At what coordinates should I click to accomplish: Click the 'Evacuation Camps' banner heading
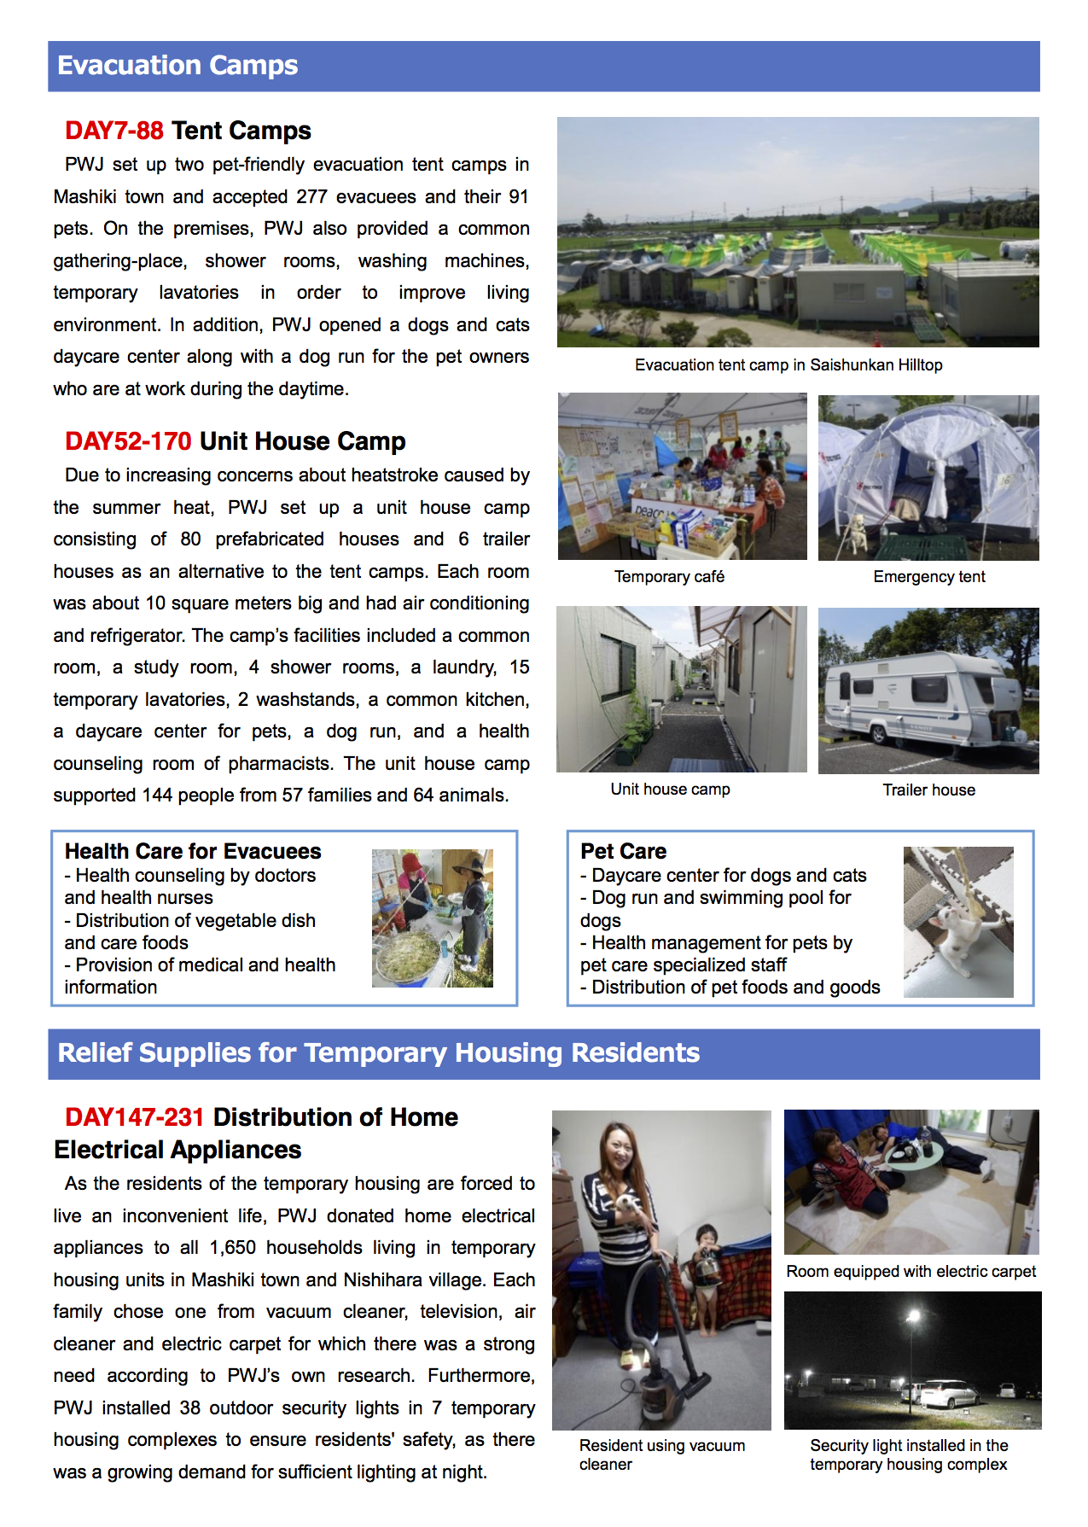click(x=177, y=66)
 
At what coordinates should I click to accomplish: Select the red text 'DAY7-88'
click(x=113, y=131)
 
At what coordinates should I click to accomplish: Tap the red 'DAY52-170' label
click(x=128, y=441)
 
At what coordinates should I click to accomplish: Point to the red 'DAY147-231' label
click(x=134, y=1117)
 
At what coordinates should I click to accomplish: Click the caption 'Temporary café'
click(x=669, y=577)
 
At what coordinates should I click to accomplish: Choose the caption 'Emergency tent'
click(x=928, y=577)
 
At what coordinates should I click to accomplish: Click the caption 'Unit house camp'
click(x=670, y=790)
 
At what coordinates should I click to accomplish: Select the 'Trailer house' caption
click(x=928, y=790)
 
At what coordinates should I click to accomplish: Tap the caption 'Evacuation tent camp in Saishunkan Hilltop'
click(x=788, y=365)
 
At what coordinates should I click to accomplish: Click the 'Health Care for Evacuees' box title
click(x=193, y=851)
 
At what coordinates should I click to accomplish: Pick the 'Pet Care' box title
click(x=623, y=851)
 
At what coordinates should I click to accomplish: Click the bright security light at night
click(x=914, y=1315)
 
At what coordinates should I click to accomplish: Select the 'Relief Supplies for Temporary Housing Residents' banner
click(x=378, y=1053)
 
